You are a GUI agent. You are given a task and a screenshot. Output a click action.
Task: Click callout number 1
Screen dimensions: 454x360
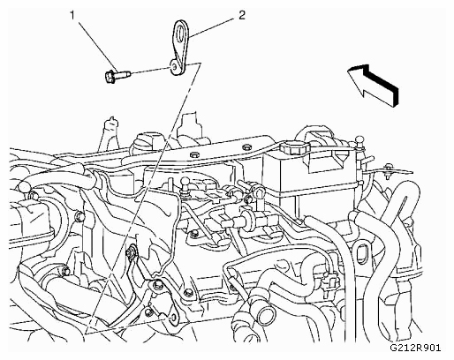tap(72, 16)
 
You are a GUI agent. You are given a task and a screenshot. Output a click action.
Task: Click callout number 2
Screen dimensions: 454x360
tap(241, 15)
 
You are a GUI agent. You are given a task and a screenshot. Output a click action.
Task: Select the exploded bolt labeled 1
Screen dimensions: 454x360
tap(117, 75)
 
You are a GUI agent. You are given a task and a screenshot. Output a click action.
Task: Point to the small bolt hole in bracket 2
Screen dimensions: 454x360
tap(174, 66)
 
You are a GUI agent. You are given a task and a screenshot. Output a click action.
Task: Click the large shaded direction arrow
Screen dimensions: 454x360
tap(373, 86)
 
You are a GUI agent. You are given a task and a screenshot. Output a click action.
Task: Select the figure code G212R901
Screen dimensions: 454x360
tap(415, 348)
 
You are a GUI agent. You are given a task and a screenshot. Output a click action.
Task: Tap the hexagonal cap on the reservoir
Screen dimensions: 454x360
tap(294, 147)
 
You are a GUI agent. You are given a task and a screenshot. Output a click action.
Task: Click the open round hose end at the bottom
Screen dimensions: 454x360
tap(265, 317)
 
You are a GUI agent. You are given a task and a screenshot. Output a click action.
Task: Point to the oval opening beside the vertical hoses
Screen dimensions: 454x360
tap(361, 253)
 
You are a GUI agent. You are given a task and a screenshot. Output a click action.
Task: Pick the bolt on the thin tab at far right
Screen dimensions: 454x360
tap(389, 170)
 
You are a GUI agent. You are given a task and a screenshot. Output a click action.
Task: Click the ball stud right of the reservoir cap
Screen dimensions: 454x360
tap(359, 142)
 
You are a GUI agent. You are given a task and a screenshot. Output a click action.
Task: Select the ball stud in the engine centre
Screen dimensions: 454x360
tap(185, 183)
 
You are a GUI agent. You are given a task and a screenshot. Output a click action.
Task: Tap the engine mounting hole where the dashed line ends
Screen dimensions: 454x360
tap(174, 317)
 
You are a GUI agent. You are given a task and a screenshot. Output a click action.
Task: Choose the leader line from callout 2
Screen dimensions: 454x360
tap(211, 27)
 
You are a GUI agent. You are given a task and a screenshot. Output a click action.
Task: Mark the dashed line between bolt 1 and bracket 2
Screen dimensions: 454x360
tap(150, 70)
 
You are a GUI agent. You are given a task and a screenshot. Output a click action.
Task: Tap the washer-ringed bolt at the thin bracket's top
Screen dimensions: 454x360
tap(131, 252)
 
